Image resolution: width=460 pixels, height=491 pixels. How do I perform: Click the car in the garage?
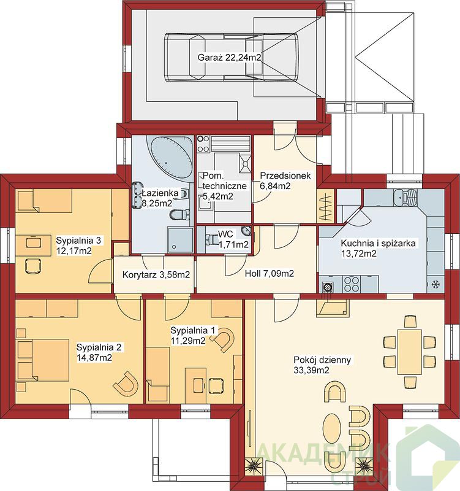pos(231,57)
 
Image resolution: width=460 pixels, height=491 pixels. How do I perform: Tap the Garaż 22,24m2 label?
pos(229,57)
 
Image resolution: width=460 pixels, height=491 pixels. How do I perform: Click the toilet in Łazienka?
pos(179,214)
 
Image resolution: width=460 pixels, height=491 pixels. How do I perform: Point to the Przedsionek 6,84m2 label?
pos(285,180)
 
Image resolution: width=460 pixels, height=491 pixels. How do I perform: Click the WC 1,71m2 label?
pos(233,239)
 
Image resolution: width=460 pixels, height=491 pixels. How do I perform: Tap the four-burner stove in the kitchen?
pos(351,284)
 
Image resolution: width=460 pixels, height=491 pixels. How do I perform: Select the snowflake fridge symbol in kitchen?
pos(435,284)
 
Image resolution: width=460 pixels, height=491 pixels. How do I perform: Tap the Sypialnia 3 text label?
pos(78,241)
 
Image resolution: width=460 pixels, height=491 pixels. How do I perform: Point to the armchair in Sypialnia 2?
pos(126,383)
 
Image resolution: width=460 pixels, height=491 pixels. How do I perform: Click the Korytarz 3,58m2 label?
pos(156,274)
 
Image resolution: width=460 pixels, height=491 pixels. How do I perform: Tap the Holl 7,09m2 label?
pos(269,273)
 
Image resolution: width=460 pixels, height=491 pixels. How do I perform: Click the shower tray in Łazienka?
pos(180,239)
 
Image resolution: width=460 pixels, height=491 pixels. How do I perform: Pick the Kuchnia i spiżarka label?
pos(378,249)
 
